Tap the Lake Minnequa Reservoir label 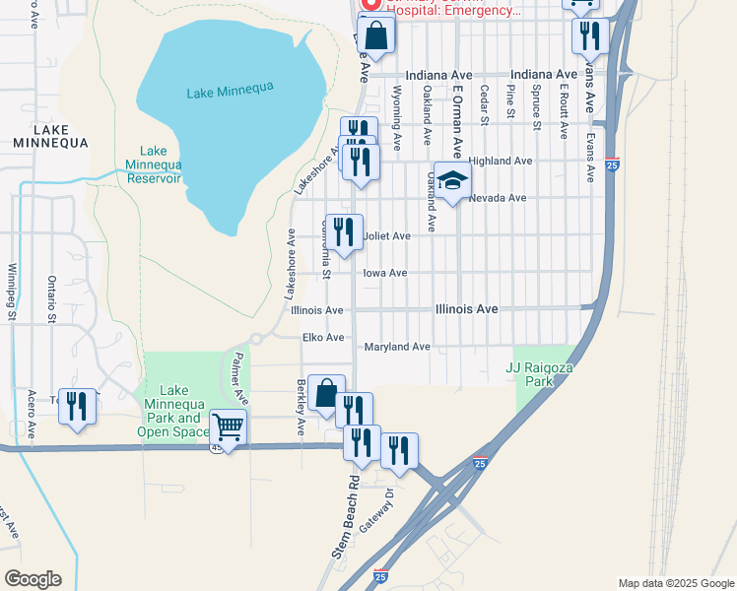[153, 164]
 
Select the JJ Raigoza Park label [540, 374]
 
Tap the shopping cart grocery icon [228, 428]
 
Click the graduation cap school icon [452, 181]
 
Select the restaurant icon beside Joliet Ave [344, 233]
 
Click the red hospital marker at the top [370, 5]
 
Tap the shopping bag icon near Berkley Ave [326, 393]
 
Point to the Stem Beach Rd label [344, 517]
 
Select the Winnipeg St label [12, 292]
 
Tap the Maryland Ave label [397, 347]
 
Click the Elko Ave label [322, 337]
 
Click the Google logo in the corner [33, 579]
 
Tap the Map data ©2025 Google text [675, 583]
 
